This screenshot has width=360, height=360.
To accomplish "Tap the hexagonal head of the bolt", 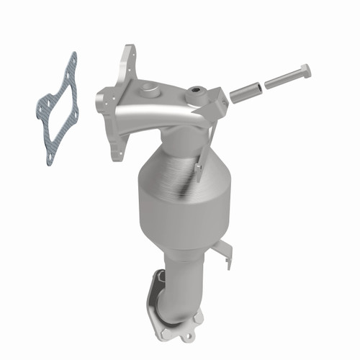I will point(304,73).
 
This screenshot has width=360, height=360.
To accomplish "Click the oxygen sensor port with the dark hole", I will point(194,94).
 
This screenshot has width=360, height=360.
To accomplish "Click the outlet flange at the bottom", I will point(169,317).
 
